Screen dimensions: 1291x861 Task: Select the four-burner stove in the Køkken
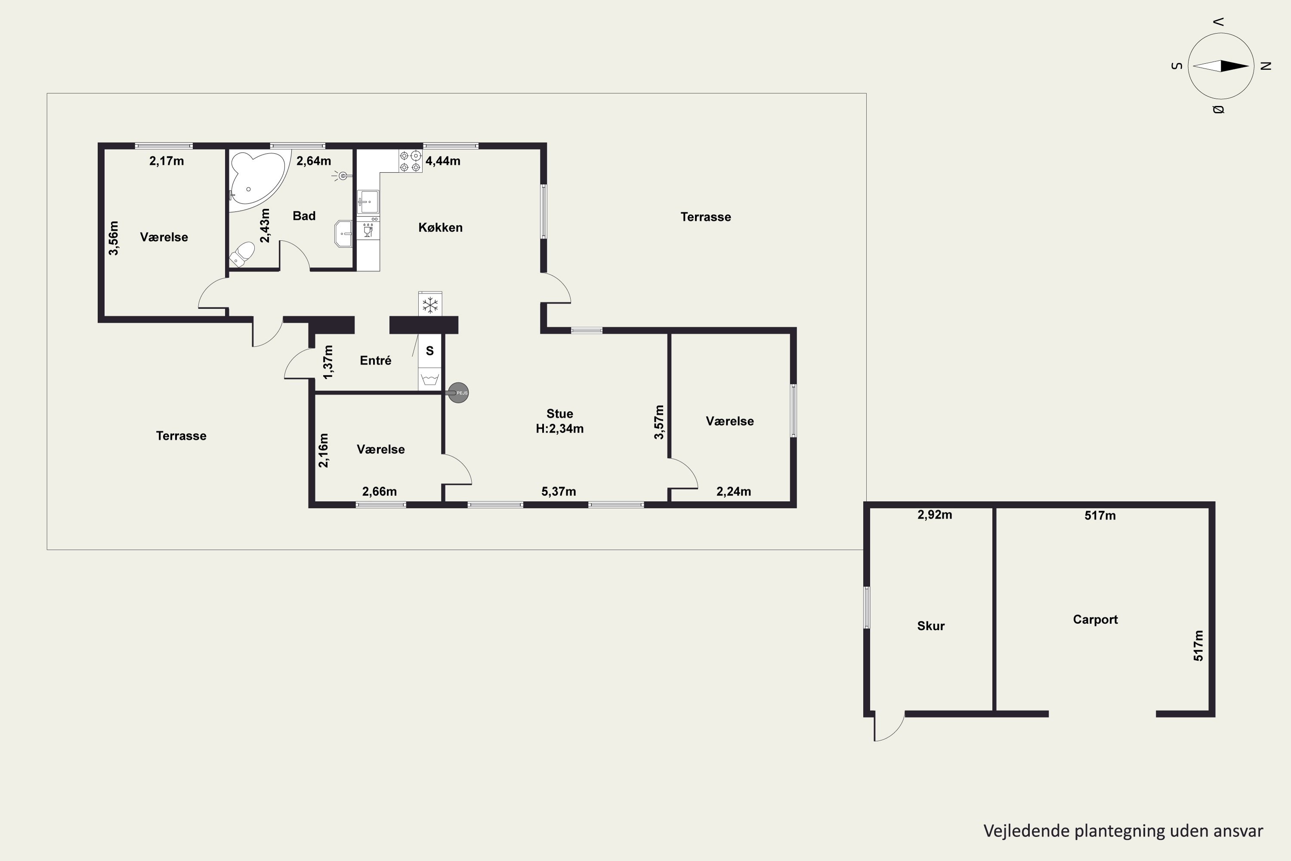[411, 161]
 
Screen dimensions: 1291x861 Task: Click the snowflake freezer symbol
[430, 305]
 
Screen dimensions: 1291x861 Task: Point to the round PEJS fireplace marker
[458, 393]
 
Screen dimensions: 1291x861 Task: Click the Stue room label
[559, 413]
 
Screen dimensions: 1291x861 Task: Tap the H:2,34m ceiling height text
[559, 428]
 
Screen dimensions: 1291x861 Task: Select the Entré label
[375, 360]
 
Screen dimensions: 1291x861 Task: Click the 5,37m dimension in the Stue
[559, 492]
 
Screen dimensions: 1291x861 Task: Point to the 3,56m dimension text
[114, 238]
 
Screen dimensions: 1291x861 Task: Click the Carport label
[1095, 619]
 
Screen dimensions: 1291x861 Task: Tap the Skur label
[931, 626]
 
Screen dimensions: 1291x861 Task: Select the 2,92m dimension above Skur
[935, 514]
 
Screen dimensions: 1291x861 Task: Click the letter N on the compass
[1266, 66]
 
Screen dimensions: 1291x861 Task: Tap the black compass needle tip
[1249, 66]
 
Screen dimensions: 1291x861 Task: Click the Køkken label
[440, 227]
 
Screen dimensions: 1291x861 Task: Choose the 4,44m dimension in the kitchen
[443, 161]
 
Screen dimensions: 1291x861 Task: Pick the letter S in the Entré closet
[430, 351]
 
